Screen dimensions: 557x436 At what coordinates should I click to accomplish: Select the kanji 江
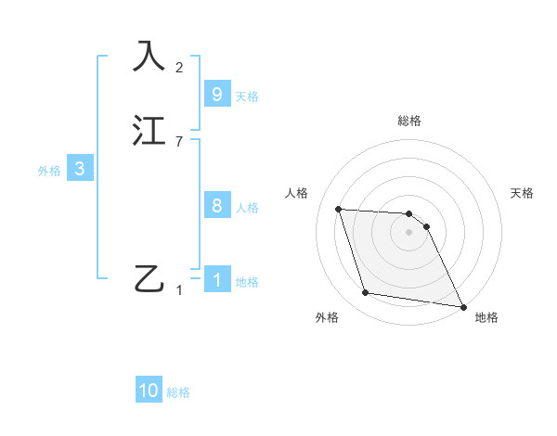149,132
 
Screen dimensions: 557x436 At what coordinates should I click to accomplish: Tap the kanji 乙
149,278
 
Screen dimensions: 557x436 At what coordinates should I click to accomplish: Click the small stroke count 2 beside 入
179,67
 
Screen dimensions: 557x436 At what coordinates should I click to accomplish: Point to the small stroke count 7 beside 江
179,142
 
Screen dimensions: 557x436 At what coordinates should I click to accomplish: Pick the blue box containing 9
216,95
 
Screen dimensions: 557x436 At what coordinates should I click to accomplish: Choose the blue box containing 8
216,206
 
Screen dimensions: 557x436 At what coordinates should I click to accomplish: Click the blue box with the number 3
80,169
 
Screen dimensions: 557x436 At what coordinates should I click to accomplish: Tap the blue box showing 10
149,391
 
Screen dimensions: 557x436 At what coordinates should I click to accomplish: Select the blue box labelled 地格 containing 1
216,280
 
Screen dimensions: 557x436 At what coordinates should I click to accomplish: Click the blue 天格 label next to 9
247,96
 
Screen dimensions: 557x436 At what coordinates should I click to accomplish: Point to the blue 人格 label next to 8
247,208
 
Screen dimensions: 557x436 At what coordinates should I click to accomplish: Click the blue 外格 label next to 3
48,171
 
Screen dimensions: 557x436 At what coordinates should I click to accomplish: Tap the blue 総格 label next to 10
178,392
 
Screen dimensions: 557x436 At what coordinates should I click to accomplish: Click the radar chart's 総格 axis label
409,121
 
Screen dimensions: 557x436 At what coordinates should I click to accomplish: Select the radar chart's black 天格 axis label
522,193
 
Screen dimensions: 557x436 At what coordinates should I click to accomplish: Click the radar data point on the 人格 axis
339,210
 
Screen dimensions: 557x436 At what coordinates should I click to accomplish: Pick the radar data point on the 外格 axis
366,293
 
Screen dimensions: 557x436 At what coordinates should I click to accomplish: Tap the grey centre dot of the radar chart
409,233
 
